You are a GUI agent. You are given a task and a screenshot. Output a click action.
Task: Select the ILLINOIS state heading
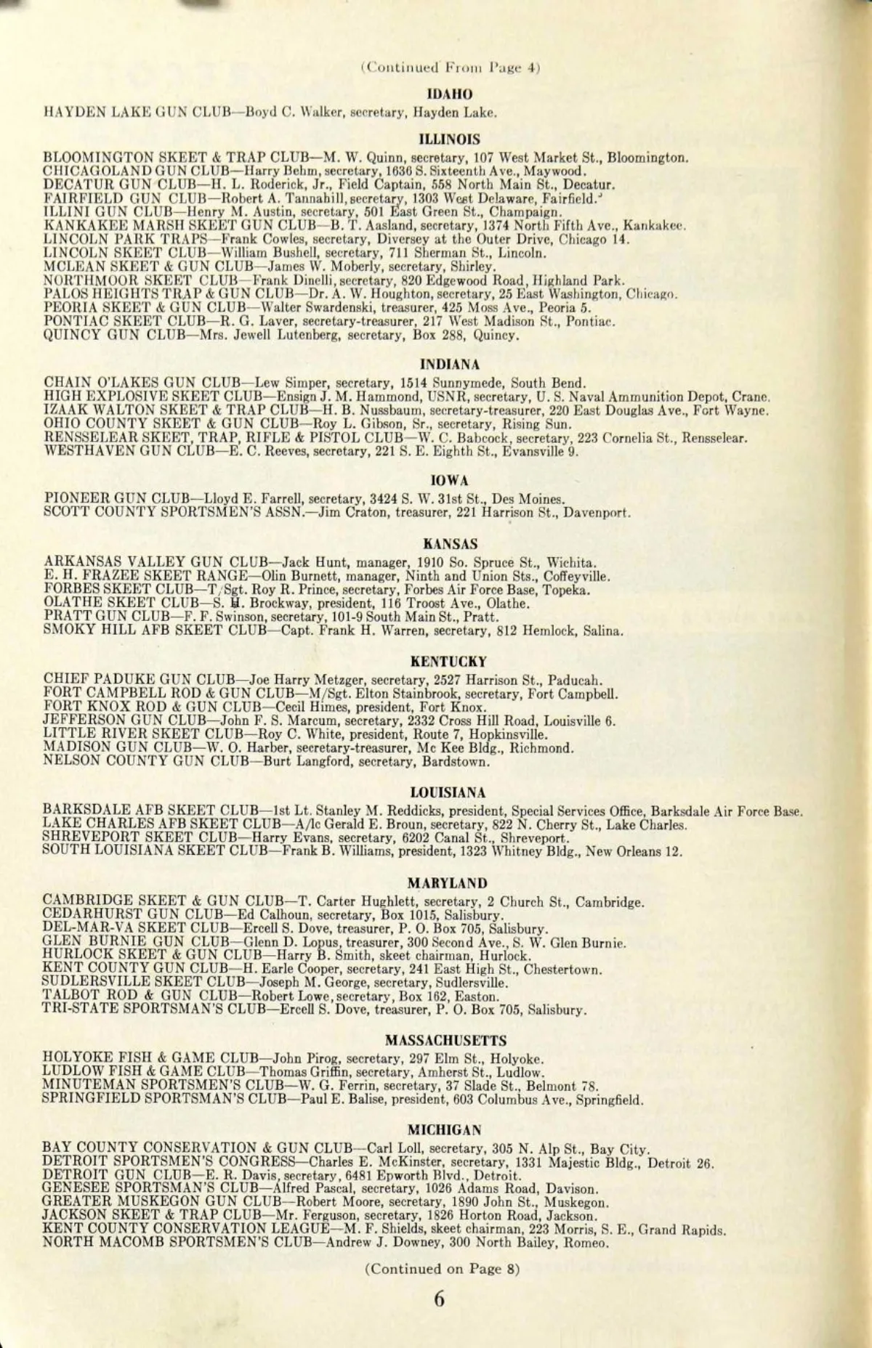click(451, 139)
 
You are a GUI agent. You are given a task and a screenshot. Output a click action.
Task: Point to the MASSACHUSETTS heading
click(446, 1040)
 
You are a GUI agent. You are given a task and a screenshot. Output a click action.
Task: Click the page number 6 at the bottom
click(439, 1299)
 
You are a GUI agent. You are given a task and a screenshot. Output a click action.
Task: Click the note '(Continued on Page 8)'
click(442, 1269)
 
